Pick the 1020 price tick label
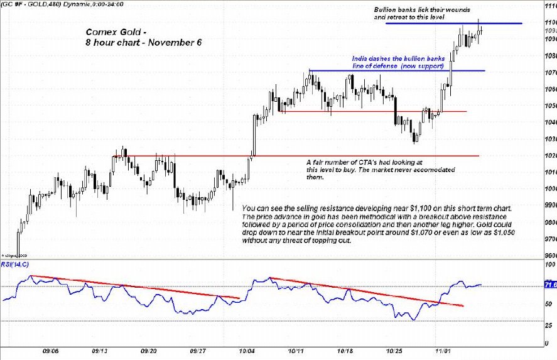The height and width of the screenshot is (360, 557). pos(549,155)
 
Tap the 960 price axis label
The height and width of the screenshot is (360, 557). pos(550,256)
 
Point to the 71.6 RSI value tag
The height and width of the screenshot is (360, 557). pos(549,285)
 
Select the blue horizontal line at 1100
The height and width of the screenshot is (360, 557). pos(502,24)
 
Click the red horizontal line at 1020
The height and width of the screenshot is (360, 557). pos(377,155)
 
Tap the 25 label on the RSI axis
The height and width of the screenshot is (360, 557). pos(549,325)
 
